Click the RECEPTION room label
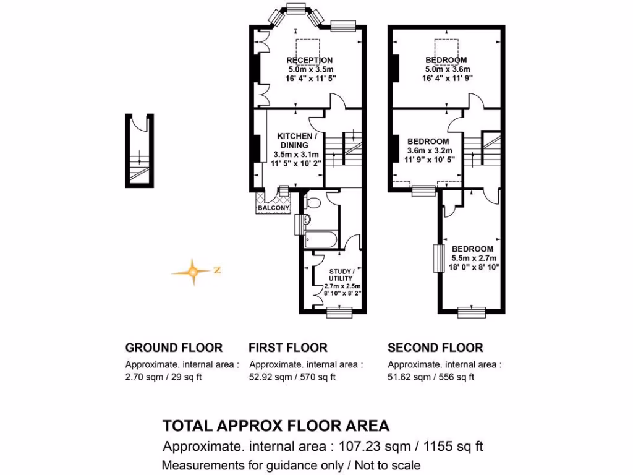coord(310,60)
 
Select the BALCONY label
coord(273,208)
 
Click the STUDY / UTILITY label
coord(341,275)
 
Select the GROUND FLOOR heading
coord(174,348)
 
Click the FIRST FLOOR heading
coord(288,348)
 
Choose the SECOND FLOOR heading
coord(435,348)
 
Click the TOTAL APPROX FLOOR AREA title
coord(276,426)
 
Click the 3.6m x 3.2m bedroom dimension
coord(430,151)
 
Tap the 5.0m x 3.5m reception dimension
coord(310,69)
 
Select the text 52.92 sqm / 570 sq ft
coord(292,377)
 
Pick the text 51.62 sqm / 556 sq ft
coord(431,377)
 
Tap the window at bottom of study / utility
coord(339,313)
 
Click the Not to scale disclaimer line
coord(291,465)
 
